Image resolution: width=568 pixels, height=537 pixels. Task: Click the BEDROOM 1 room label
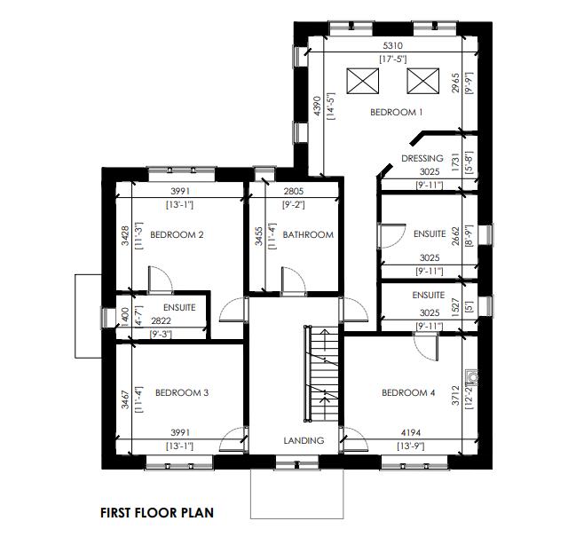(x=396, y=113)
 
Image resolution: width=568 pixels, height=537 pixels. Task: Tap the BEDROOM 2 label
(x=177, y=235)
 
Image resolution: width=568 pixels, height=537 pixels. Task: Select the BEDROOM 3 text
(x=182, y=392)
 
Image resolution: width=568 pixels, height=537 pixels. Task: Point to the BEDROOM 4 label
(x=408, y=392)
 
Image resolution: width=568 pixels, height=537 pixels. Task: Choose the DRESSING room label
(x=422, y=159)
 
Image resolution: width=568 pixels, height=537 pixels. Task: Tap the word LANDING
(x=304, y=440)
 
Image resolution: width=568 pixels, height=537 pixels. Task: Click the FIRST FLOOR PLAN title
(x=156, y=512)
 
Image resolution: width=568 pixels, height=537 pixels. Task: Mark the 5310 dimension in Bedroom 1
(x=393, y=45)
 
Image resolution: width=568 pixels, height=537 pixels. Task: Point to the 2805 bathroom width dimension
(x=294, y=192)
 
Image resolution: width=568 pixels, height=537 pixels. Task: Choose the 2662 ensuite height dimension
(x=456, y=235)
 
